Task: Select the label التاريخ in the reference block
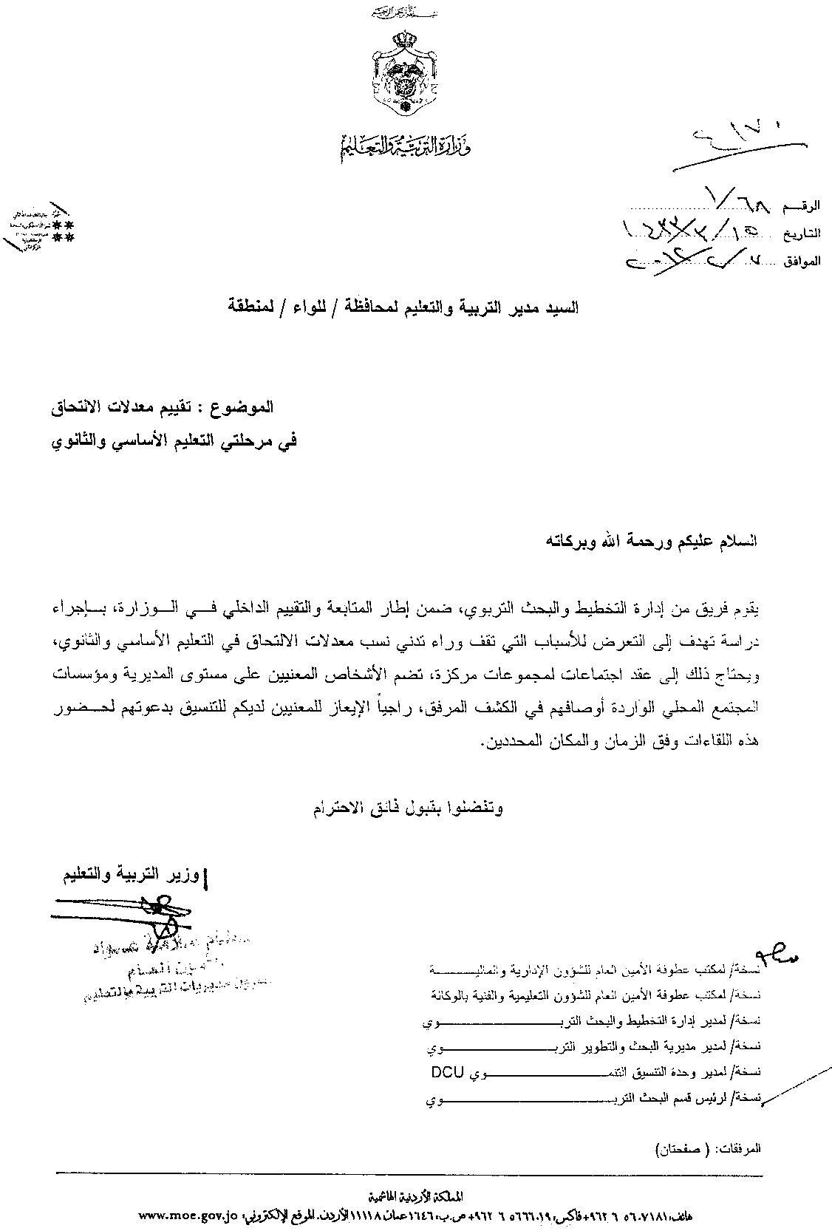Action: (x=803, y=233)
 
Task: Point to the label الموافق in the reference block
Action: (x=802, y=261)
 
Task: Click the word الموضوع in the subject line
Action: (x=245, y=406)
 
